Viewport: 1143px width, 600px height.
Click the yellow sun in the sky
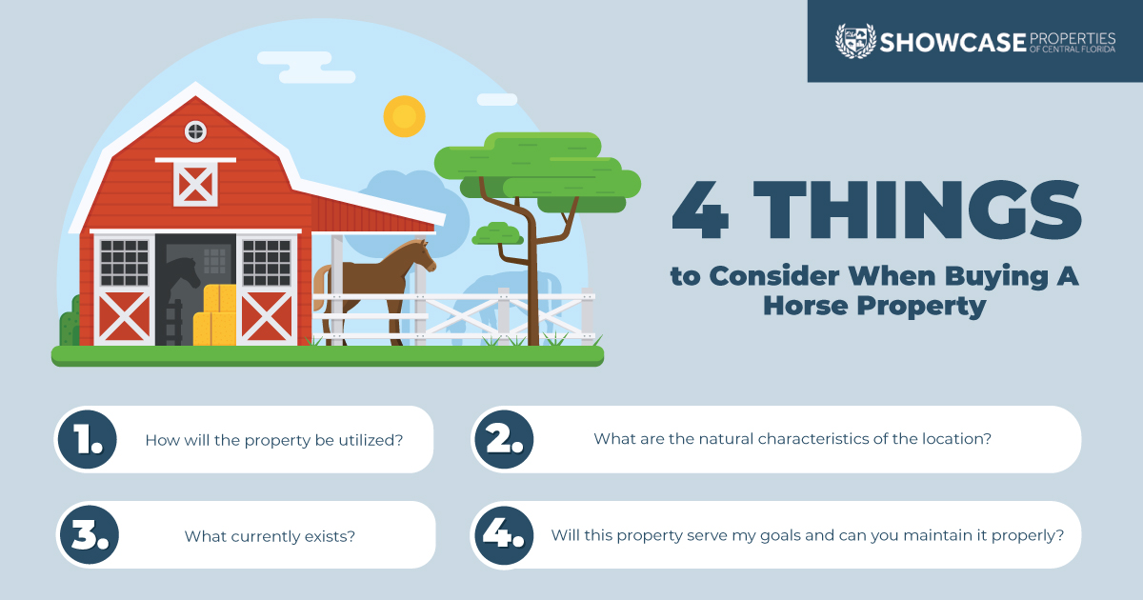404,116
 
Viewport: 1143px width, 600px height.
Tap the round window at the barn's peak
195,131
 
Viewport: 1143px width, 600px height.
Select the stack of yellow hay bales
215,315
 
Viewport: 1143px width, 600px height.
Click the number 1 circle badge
88,439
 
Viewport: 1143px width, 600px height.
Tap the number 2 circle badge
504,439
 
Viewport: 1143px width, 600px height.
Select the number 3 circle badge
90,534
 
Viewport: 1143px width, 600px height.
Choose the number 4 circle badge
504,535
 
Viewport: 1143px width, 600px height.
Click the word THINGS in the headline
917,210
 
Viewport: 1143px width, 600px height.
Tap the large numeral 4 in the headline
700,210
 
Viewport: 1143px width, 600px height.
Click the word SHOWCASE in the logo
952,43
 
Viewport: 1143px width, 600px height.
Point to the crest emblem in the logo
855,41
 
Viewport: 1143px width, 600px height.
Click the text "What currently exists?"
270,536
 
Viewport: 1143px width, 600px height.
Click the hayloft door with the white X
195,183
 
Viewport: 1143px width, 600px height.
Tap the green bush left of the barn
70,323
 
